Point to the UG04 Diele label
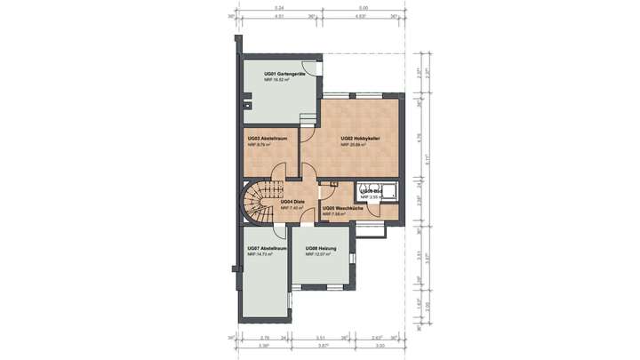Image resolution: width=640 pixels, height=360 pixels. [x=292, y=202]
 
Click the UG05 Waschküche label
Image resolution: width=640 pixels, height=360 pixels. [x=341, y=208]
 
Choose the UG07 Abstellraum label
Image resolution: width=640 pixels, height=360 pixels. [x=267, y=248]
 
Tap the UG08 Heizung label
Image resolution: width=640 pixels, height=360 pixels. [x=320, y=248]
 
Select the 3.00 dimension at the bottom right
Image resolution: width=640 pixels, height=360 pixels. [x=380, y=347]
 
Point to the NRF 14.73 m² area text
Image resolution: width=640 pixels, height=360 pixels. [x=259, y=254]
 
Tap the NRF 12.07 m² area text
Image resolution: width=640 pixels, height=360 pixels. [x=318, y=254]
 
